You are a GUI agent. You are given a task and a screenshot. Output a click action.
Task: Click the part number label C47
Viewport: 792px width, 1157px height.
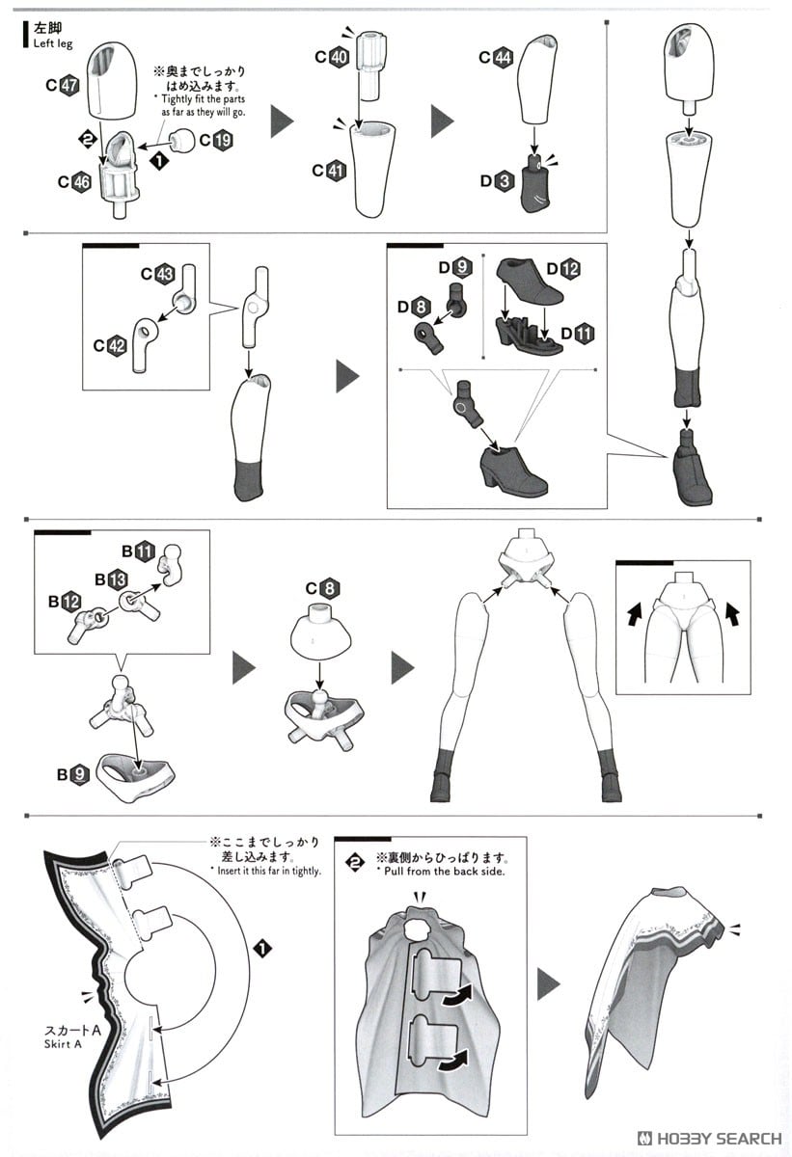click(63, 85)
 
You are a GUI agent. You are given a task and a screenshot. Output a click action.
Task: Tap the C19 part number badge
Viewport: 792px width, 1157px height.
click(216, 140)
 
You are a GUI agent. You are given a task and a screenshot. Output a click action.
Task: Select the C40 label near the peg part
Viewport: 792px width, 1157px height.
click(332, 56)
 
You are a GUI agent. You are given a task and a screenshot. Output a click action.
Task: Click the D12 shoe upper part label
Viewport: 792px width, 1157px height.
click(563, 269)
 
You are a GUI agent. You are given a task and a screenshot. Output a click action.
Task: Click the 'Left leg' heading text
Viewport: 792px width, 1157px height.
click(53, 44)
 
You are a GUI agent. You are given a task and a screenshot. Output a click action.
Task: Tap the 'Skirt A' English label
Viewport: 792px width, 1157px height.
click(63, 1044)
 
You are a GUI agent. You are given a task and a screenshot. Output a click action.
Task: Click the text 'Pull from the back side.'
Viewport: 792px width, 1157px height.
click(445, 872)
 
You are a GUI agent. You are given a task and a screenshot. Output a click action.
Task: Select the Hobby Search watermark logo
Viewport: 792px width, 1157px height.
click(709, 1139)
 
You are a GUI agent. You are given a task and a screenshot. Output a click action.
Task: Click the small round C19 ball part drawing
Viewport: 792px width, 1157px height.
click(181, 141)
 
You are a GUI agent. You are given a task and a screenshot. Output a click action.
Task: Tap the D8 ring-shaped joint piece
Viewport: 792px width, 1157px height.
click(428, 336)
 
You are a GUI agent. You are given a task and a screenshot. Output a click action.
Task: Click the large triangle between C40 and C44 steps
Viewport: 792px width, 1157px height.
click(442, 121)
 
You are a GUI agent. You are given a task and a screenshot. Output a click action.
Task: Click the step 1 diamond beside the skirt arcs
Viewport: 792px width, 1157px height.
click(263, 949)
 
